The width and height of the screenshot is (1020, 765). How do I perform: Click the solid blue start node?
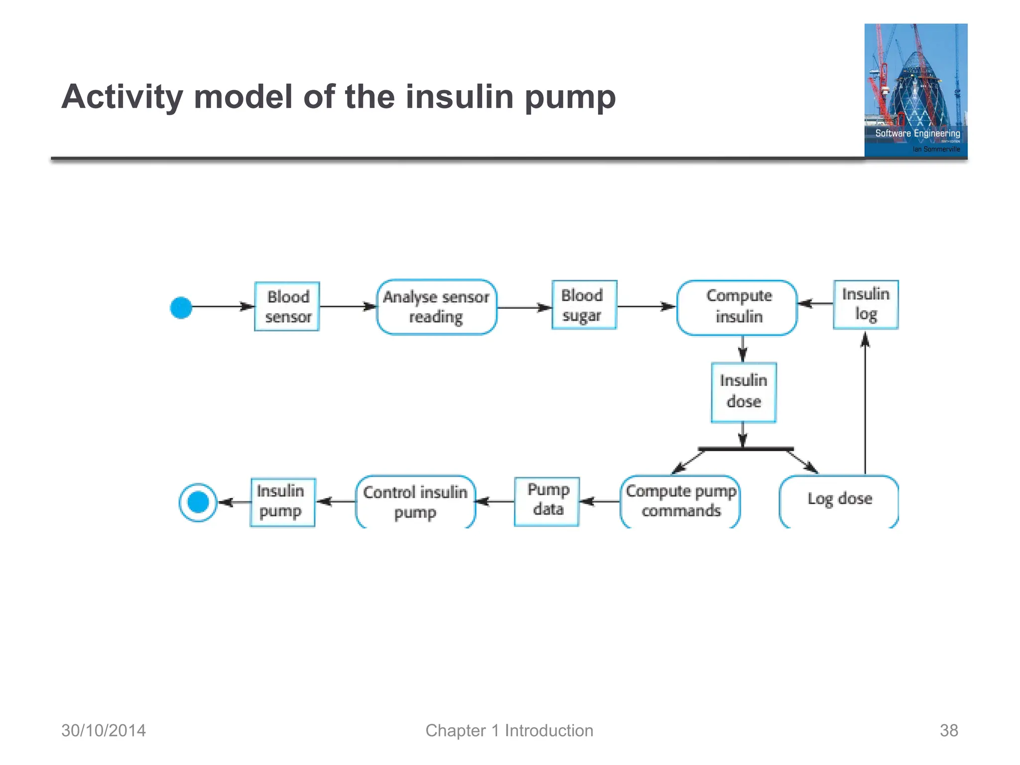[181, 307]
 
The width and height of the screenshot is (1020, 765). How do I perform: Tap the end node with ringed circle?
[198, 502]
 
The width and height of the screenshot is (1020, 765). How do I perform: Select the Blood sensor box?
[287, 306]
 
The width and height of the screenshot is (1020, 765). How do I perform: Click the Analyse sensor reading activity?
[436, 307]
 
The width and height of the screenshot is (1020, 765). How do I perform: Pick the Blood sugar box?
[584, 305]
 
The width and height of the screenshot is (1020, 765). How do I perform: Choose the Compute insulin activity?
[737, 307]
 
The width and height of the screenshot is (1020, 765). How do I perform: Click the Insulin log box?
[866, 304]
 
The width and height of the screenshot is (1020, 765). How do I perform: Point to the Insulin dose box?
[743, 392]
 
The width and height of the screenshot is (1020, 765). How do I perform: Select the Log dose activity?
[839, 500]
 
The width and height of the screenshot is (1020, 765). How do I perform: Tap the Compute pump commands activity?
[680, 501]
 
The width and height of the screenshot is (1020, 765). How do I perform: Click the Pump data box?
[547, 501]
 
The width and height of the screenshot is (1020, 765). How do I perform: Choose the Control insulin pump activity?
[415, 501]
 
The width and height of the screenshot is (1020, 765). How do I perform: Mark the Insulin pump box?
[282, 502]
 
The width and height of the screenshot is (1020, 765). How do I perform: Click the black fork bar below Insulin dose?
[746, 449]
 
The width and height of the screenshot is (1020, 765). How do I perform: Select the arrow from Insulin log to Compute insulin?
[815, 303]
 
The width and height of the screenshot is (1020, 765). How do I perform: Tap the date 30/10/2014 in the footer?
[104, 730]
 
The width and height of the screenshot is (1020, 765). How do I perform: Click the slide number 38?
[948, 730]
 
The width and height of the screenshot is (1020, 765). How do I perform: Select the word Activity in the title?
[122, 97]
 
